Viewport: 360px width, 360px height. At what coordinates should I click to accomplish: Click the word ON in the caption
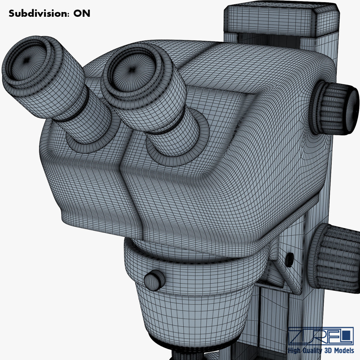point(82,13)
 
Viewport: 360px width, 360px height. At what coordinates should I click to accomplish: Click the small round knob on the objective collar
point(154,280)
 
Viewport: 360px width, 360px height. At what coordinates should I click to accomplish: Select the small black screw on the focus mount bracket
point(290,258)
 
